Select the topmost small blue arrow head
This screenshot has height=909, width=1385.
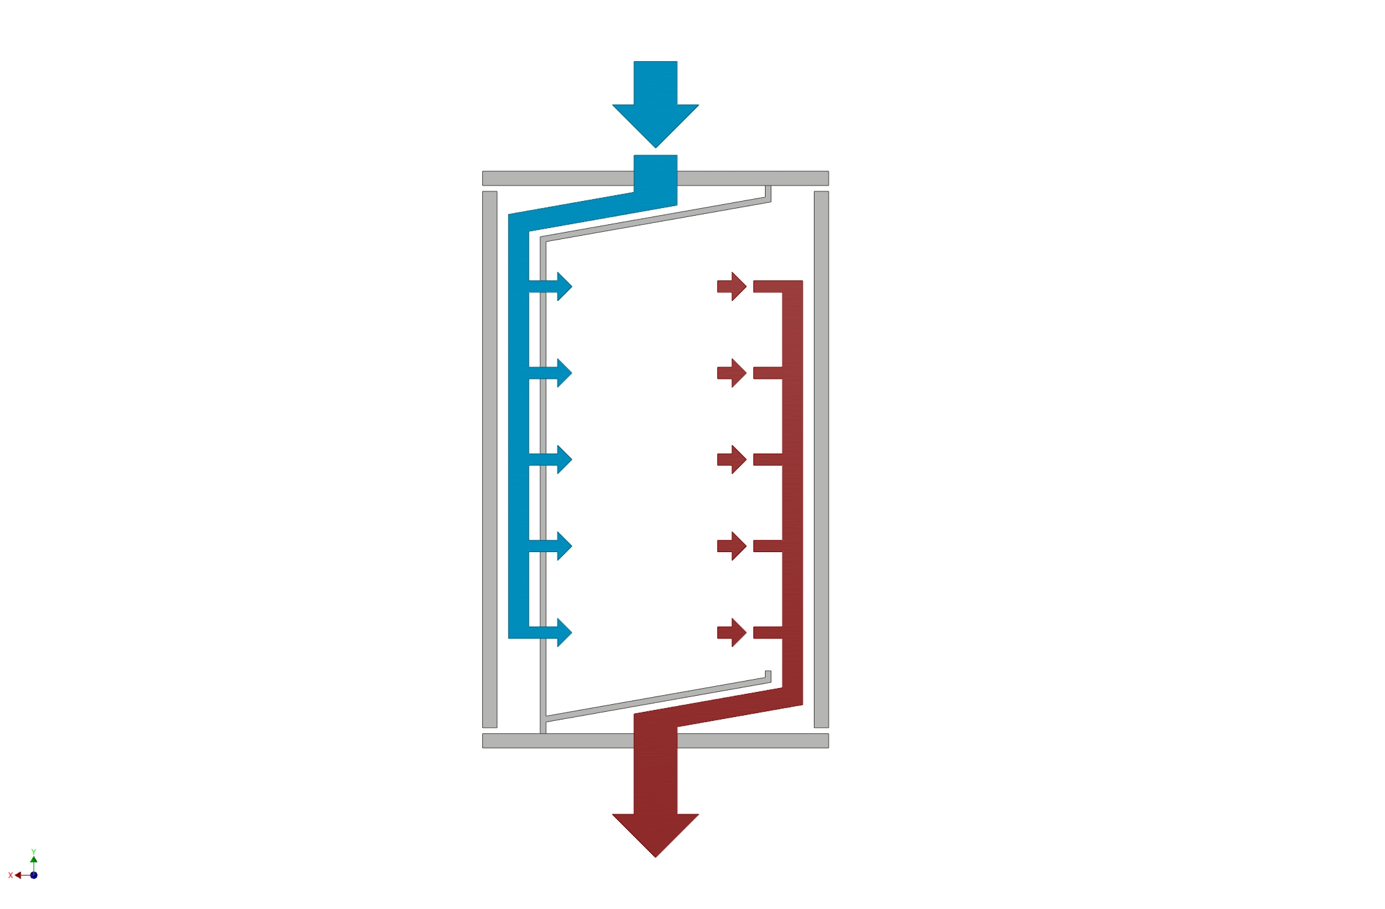(x=565, y=286)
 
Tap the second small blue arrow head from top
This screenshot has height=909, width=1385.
(x=565, y=373)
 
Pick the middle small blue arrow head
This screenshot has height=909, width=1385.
(x=565, y=459)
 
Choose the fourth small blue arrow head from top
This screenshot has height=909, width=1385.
(x=565, y=546)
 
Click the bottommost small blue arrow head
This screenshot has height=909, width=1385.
(x=565, y=633)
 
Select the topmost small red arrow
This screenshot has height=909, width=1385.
(x=732, y=286)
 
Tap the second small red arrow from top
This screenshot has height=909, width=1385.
(x=732, y=373)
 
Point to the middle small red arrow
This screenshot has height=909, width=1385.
(x=732, y=459)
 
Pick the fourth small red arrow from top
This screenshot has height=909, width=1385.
(x=732, y=546)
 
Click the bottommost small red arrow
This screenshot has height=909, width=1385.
(x=732, y=633)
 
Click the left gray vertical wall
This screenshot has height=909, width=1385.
(x=490, y=459)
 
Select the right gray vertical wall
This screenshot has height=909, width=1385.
(x=821, y=459)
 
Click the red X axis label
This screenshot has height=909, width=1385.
(x=10, y=875)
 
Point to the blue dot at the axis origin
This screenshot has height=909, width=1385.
(x=33, y=875)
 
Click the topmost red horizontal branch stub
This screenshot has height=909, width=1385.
(x=768, y=287)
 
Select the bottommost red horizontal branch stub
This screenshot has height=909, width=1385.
(x=768, y=633)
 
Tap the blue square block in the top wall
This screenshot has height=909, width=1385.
(x=655, y=174)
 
